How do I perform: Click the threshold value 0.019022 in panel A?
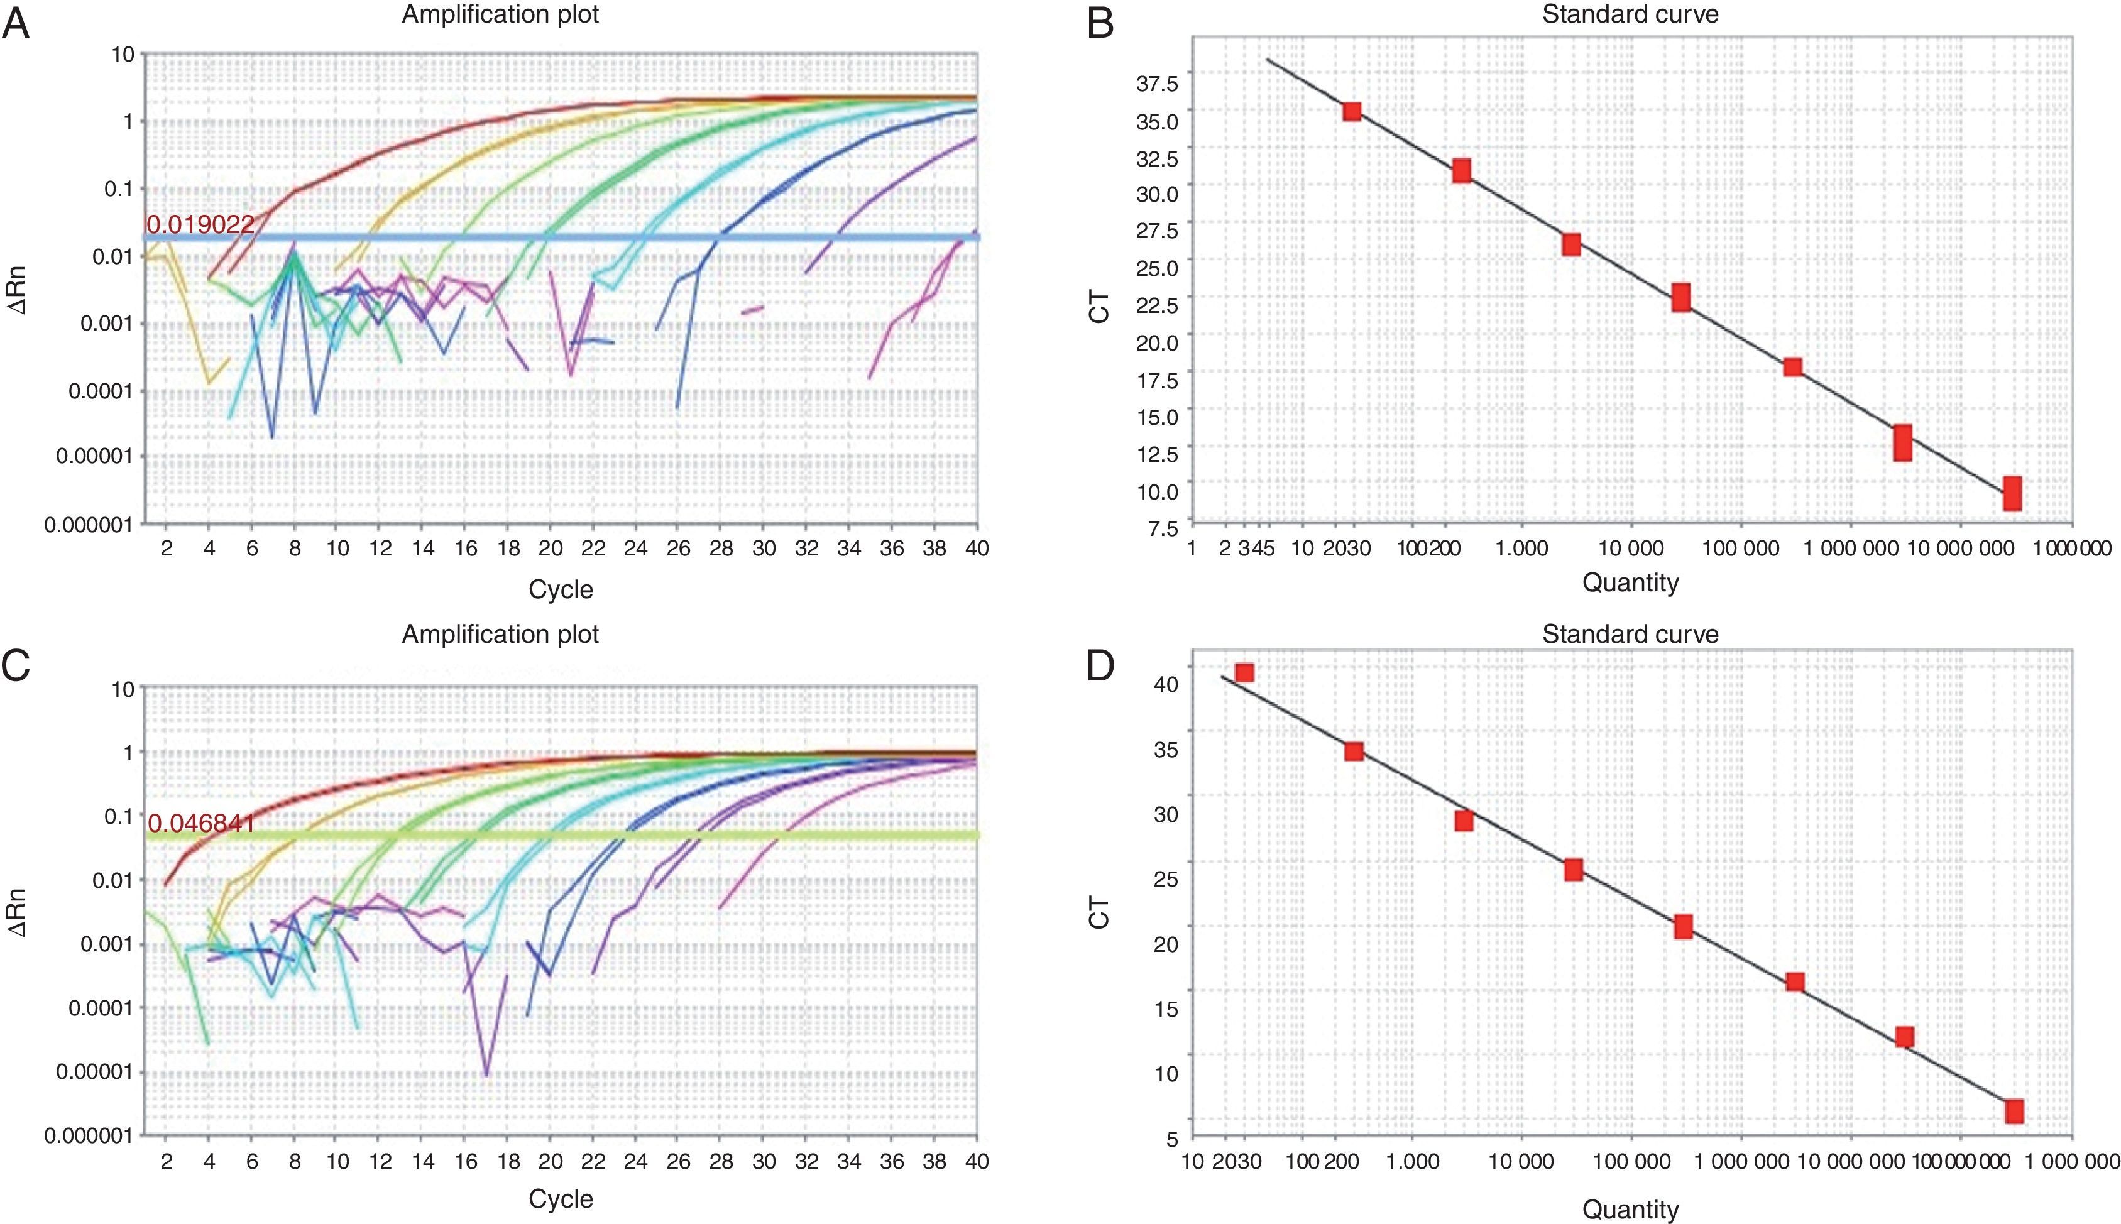point(200,224)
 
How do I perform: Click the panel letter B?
point(1100,23)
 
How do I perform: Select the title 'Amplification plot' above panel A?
point(500,14)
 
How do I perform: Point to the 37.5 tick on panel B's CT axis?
point(1158,82)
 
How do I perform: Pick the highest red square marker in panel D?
point(1244,672)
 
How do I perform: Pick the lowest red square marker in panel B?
point(2012,493)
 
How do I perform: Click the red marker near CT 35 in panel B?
point(1352,111)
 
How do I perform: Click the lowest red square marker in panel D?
point(2014,1112)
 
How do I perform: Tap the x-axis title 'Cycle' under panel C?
point(561,1198)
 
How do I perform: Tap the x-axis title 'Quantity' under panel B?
point(1630,582)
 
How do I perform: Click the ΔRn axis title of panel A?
point(17,290)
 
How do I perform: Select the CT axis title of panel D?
point(1099,912)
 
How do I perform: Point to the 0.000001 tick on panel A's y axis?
point(88,525)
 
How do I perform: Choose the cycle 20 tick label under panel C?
point(550,1161)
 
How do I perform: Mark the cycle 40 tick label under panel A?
point(977,548)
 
